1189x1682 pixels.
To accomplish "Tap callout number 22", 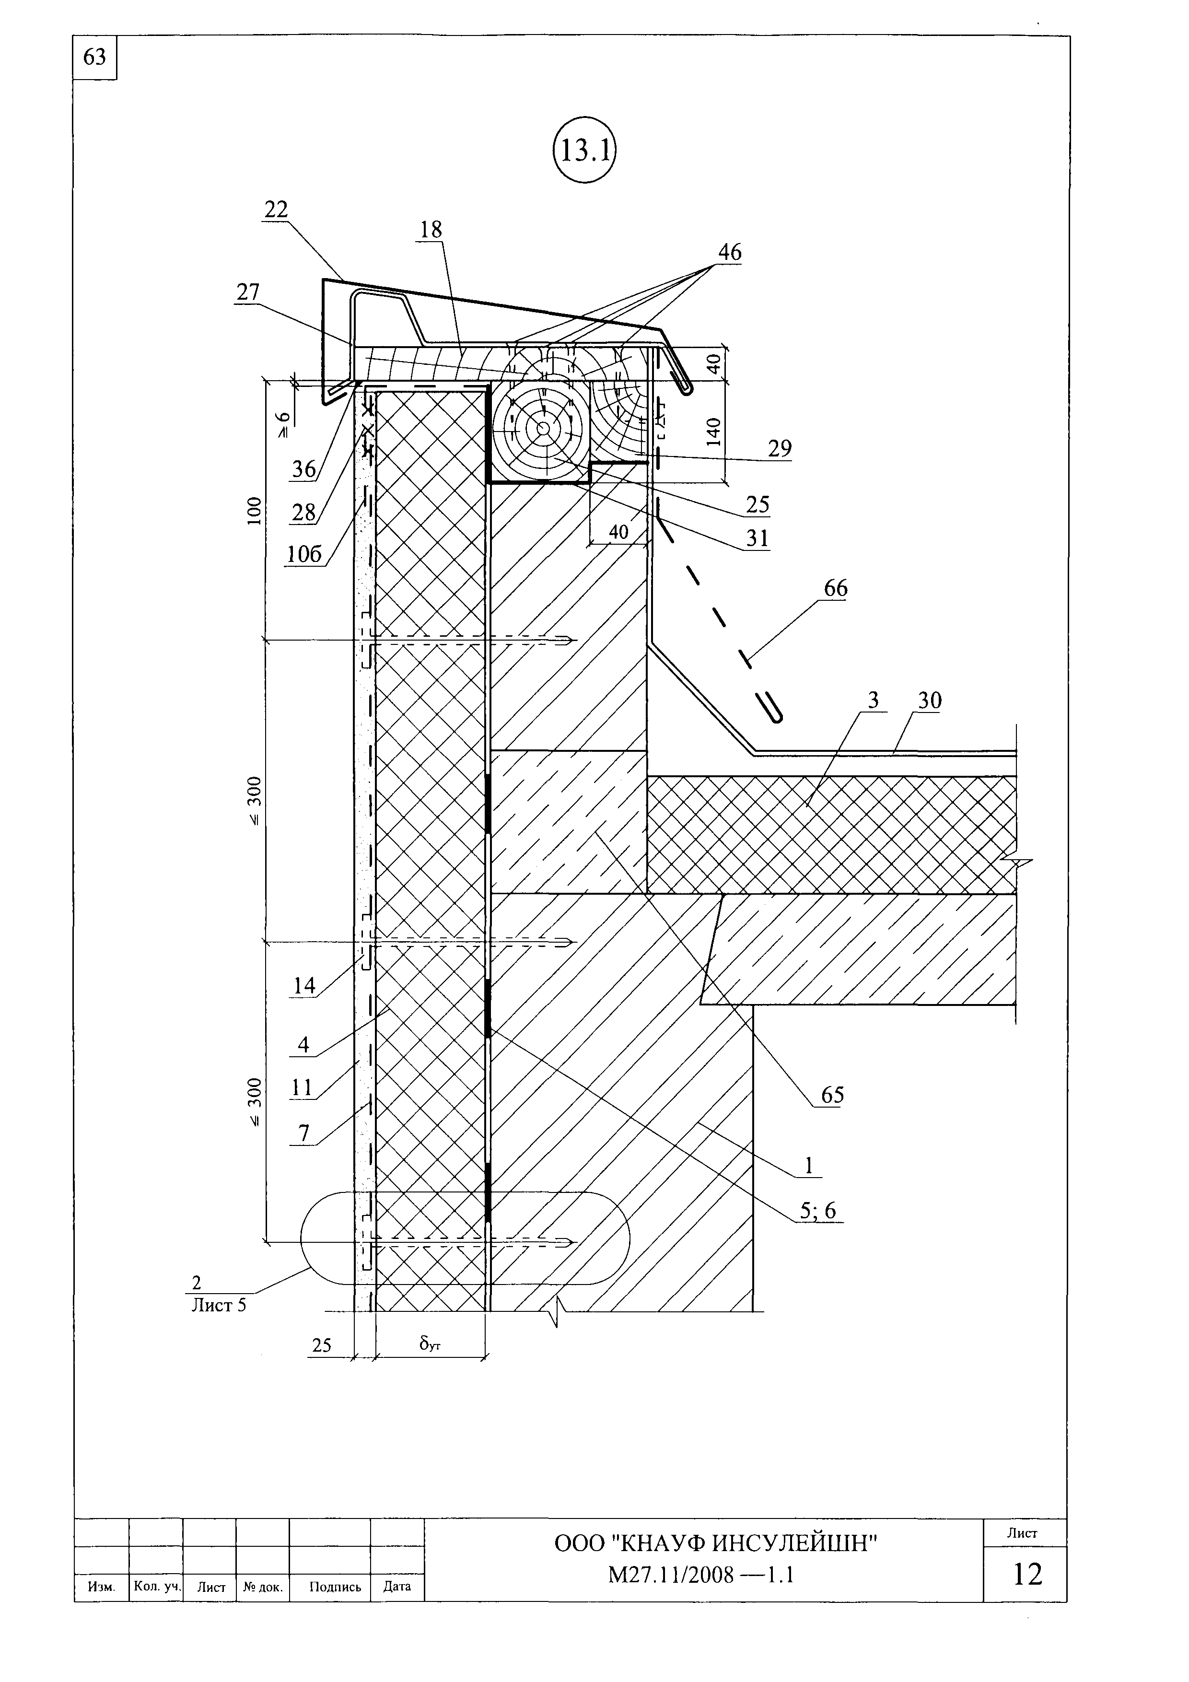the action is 276,210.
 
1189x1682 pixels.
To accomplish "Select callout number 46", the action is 730,252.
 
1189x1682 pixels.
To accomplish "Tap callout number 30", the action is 930,701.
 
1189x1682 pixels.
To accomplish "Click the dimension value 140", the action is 714,432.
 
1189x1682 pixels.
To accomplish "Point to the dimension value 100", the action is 254,511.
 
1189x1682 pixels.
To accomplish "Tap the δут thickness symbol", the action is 430,1343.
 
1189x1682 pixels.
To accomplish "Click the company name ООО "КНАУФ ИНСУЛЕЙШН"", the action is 716,1543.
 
